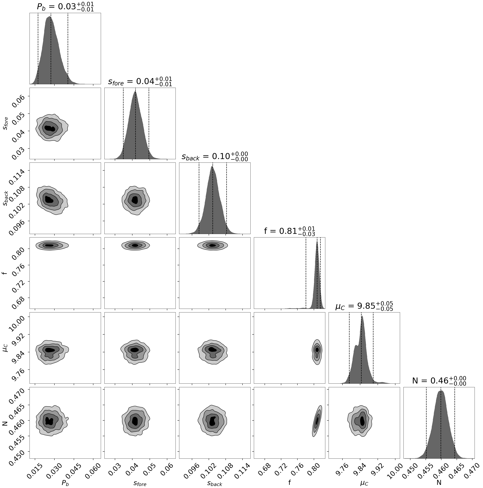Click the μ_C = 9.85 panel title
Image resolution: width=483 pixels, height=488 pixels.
click(364, 306)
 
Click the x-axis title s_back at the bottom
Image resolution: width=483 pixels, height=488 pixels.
click(215, 483)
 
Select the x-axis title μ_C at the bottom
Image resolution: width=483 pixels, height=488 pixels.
click(364, 483)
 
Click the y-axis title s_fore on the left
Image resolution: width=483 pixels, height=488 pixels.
click(5, 123)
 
